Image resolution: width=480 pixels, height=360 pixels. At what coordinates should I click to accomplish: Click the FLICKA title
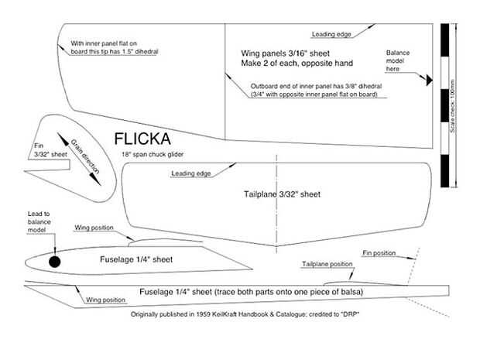pyautogui.click(x=149, y=139)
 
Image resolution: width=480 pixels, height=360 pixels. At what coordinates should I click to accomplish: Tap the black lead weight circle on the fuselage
pyautogui.click(x=54, y=261)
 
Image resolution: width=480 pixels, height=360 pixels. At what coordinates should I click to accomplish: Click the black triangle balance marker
pyautogui.click(x=427, y=79)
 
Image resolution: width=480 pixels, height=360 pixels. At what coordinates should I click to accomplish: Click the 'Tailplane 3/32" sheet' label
pyautogui.click(x=276, y=193)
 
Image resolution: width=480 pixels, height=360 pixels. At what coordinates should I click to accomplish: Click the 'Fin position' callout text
pyautogui.click(x=380, y=253)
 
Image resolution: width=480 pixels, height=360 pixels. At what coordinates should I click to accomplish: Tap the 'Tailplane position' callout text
pyautogui.click(x=327, y=264)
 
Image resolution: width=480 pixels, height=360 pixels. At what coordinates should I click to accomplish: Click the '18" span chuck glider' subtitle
pyautogui.click(x=153, y=154)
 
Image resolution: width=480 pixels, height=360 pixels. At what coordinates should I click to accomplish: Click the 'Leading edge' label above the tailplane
pyautogui.click(x=190, y=173)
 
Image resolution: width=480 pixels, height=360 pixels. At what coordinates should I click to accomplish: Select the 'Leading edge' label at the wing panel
pyautogui.click(x=333, y=34)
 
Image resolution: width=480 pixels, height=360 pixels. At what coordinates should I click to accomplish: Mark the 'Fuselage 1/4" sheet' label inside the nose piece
pyautogui.click(x=136, y=260)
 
